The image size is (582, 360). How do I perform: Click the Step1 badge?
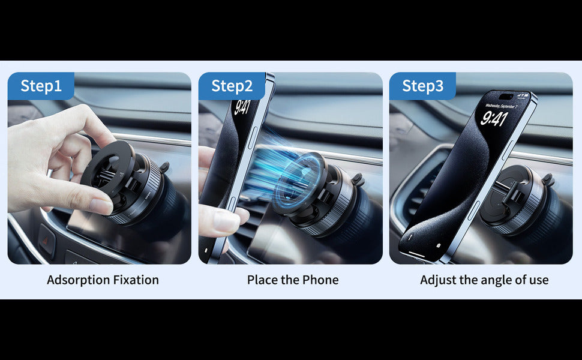[41, 86]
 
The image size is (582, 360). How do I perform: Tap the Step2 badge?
[232, 86]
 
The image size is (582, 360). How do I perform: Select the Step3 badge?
[423, 86]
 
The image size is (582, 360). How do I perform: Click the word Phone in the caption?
[320, 280]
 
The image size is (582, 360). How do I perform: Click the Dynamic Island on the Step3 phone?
[506, 97]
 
